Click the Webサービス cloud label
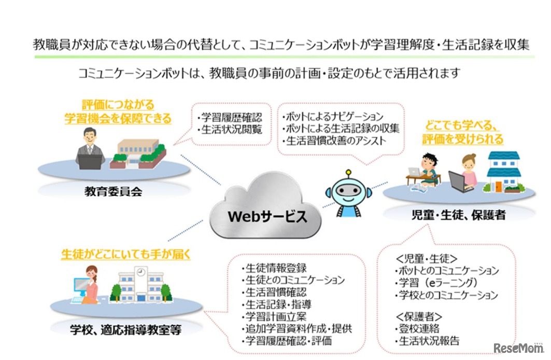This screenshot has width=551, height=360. [x=267, y=216]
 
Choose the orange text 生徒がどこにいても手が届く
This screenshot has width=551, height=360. [x=126, y=255]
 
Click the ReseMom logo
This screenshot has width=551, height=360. [x=519, y=348]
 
